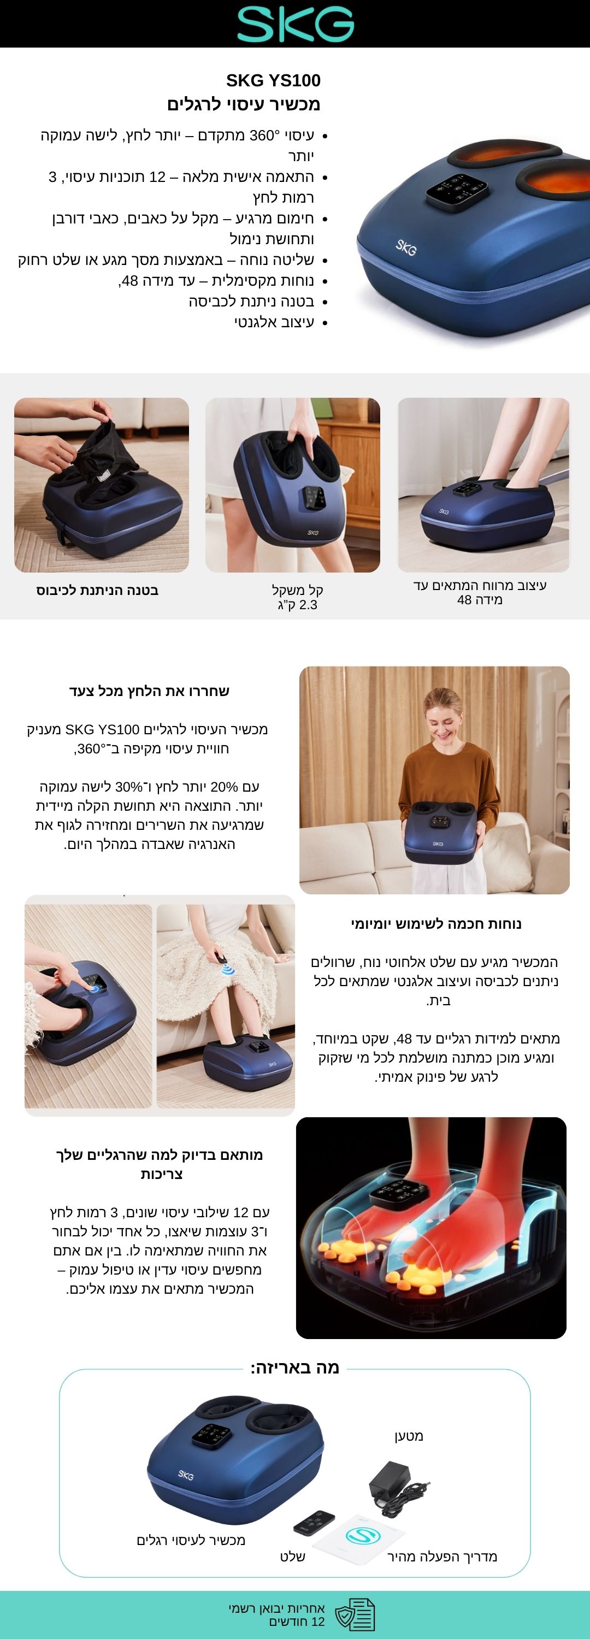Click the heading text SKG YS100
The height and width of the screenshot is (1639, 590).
pyautogui.click(x=273, y=80)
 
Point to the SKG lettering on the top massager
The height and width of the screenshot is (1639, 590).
pyautogui.click(x=406, y=247)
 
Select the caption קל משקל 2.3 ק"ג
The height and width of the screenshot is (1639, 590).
pyautogui.click(x=297, y=597)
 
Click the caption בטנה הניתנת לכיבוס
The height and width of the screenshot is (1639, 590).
pyautogui.click(x=97, y=590)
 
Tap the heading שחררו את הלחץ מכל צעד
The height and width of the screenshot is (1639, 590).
pyautogui.click(x=149, y=691)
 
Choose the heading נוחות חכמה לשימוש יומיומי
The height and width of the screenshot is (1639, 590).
pyautogui.click(x=436, y=924)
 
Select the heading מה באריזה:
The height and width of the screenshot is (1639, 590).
pyautogui.click(x=294, y=1367)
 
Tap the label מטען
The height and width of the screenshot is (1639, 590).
pyautogui.click(x=409, y=1436)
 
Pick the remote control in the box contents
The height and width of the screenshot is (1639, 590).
pyautogui.click(x=314, y=1523)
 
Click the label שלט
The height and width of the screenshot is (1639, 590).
pyautogui.click(x=293, y=1557)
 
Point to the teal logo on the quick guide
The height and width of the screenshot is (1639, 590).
pyautogui.click(x=363, y=1534)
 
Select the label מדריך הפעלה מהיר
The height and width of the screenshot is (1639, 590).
pyautogui.click(x=442, y=1557)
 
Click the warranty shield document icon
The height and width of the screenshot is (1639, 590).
pyautogui.click(x=355, y=1613)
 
